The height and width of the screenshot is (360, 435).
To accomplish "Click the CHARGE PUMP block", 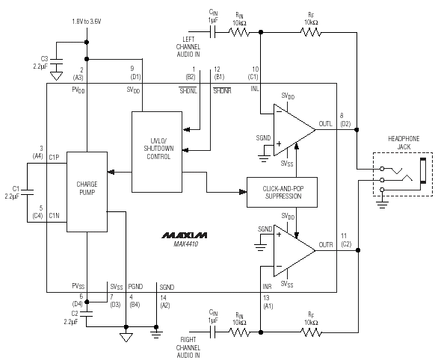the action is point(87,192).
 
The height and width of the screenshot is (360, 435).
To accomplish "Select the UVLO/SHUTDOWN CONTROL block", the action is point(157,152).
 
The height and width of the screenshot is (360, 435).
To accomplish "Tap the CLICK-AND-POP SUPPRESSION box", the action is point(282,193).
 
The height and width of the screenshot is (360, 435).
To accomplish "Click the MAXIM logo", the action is point(184,235).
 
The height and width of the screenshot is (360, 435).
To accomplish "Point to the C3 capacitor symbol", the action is point(56,61).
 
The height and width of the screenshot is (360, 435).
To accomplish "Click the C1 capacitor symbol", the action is point(27,193).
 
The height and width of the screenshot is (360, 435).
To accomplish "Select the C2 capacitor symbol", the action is point(87,314).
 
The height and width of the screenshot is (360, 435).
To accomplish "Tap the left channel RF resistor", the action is point(311,32).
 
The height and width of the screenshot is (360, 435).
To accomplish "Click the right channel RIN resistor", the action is point(239,332).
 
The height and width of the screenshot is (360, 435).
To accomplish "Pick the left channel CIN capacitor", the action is point(213,32).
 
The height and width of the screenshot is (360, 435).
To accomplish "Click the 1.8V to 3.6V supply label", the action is point(87,22).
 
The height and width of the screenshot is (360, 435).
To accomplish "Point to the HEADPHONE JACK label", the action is point(404,143).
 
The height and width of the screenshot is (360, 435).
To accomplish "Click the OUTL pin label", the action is point(325,123).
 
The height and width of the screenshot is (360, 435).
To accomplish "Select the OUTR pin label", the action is point(326,245).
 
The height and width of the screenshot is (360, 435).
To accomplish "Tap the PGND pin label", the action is point(135,287).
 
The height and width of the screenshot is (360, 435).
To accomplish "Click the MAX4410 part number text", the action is point(186,244).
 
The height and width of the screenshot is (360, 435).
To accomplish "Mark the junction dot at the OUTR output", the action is point(358,250).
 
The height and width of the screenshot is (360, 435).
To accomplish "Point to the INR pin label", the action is point(267,286).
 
